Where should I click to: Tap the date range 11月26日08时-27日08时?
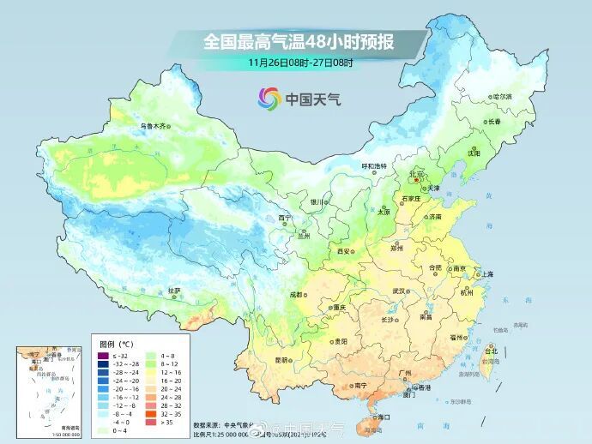[300, 63]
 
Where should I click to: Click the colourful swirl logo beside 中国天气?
[269, 99]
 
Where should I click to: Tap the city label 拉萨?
[174, 290]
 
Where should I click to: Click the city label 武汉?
[398, 291]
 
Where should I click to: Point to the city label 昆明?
[281, 359]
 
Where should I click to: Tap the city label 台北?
[491, 351]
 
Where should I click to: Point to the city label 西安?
[344, 252]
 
